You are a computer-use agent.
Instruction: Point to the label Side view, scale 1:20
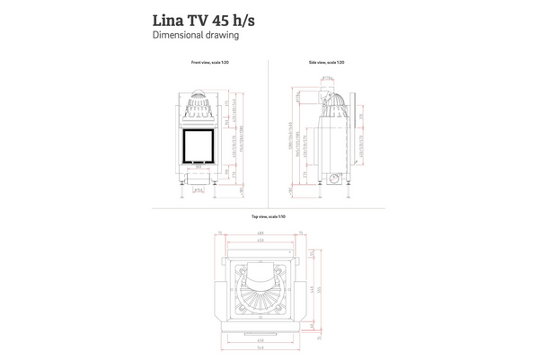point(326,63)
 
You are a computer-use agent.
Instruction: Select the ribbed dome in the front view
point(199,111)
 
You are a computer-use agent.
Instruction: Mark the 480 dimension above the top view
point(260,233)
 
